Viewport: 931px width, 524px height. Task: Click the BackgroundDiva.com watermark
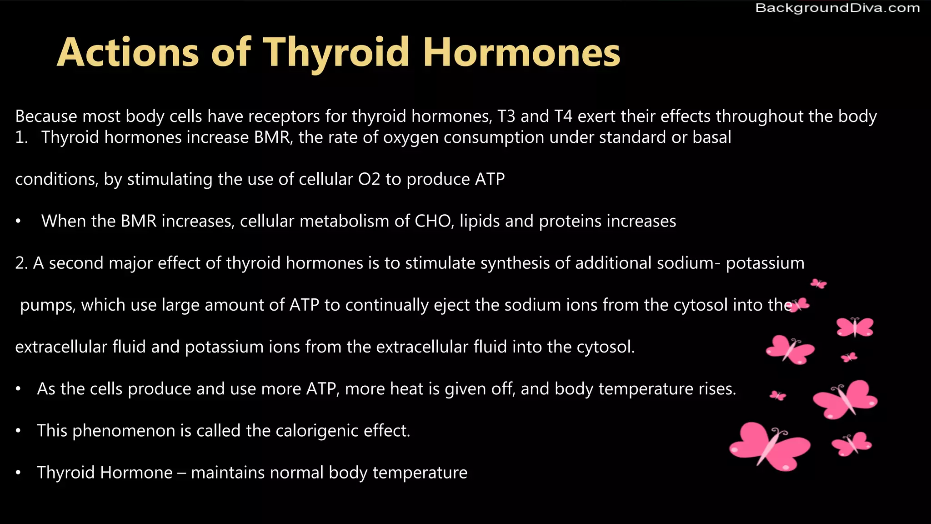pos(837,8)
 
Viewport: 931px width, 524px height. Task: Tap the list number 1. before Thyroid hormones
pos(21,137)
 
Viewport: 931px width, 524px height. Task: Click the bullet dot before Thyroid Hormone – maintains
pos(18,473)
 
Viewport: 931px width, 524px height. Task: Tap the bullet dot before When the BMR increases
pos(18,222)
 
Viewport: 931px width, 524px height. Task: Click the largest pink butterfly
pos(770,446)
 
